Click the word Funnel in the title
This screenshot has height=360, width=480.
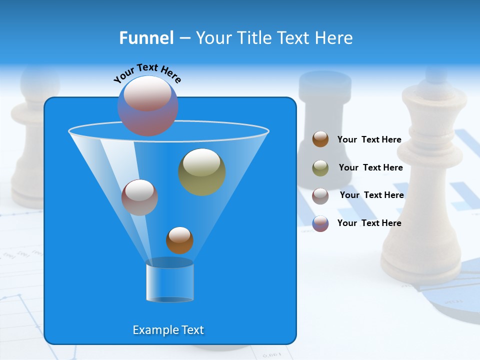click(146, 38)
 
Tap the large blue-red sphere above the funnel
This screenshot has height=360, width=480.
click(147, 105)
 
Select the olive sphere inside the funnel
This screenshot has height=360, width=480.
click(201, 172)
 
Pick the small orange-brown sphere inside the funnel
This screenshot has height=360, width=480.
click(179, 240)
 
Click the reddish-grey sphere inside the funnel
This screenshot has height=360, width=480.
click(139, 197)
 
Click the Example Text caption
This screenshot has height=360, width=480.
click(168, 330)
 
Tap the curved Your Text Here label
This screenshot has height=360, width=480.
click(147, 72)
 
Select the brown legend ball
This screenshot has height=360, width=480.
click(320, 139)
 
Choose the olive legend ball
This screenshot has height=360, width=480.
click(320, 168)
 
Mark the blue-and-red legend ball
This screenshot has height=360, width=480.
click(320, 223)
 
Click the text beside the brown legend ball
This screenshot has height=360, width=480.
click(369, 140)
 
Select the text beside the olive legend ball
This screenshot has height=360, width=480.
click(370, 168)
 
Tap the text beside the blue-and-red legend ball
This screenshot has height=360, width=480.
click(369, 223)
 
